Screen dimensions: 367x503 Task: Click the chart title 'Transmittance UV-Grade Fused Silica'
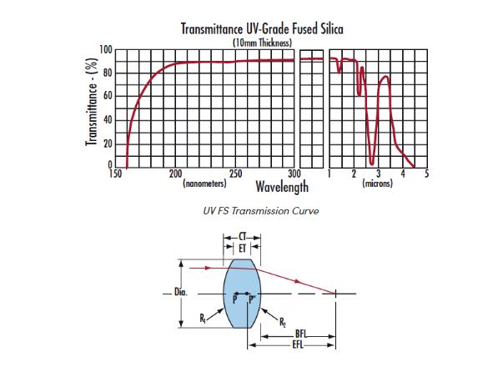click(262, 29)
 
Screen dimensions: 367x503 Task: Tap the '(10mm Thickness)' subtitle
click(262, 42)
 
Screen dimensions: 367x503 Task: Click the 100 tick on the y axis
click(106, 50)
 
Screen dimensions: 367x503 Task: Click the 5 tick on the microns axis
click(426, 173)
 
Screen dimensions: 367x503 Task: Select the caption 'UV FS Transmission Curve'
click(260, 211)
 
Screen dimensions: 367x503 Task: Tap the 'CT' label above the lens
click(242, 237)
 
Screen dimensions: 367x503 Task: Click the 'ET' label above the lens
click(242, 249)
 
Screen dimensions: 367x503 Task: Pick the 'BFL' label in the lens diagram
click(299, 334)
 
